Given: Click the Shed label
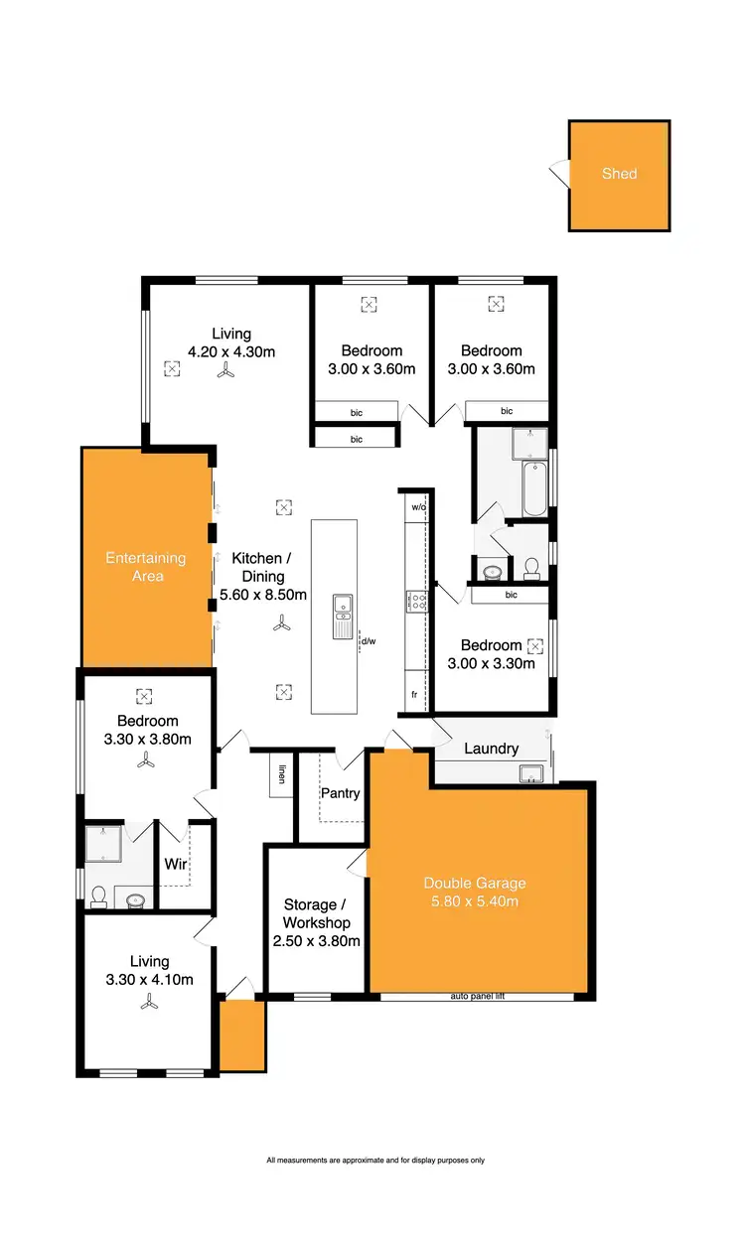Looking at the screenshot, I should click(619, 174).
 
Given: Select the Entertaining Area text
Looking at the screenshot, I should click(146, 567).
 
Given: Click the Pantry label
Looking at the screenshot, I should click(340, 794).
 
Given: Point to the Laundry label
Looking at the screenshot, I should click(491, 749).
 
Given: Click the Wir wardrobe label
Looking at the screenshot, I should click(176, 864).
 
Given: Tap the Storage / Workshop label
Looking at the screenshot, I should click(316, 922).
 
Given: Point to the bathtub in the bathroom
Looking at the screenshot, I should click(534, 488).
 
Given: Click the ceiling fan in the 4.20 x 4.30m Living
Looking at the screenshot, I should click(227, 370).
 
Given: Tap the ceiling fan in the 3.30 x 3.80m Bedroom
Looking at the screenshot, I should click(147, 760).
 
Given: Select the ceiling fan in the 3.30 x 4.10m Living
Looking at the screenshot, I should click(148, 1003).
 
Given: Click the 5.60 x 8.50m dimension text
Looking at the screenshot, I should click(263, 596).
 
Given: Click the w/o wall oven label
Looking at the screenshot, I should click(417, 507).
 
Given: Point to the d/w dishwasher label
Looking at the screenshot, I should click(369, 641).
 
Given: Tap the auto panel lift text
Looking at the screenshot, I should click(478, 995).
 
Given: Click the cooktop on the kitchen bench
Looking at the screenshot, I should click(416, 600).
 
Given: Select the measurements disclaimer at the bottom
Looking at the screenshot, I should click(375, 1160).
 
